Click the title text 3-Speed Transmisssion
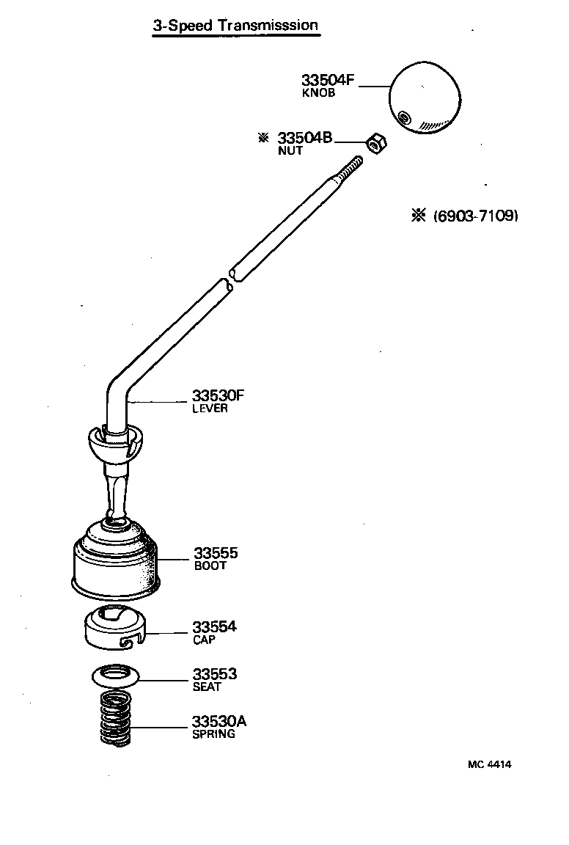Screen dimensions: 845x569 pos(235,26)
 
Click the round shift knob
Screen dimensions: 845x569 pos(425,98)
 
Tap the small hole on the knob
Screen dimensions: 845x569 pos(403,117)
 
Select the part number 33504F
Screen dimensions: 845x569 pos(328,80)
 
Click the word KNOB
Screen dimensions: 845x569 pos(318,93)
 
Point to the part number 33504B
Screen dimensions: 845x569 pos(304,138)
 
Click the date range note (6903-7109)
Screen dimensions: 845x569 pos(475,216)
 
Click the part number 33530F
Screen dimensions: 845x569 pos(218,396)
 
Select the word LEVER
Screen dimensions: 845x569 pos(210,409)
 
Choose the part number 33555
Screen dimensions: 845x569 pos(216,553)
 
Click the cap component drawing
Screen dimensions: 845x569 pos(116,628)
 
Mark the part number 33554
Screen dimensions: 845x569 pos(215,627)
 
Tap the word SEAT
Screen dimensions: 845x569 pos(206,687)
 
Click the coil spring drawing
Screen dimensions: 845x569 pos(115,719)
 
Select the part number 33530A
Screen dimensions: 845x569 pos(219,721)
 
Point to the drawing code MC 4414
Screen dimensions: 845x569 pos(489,764)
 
